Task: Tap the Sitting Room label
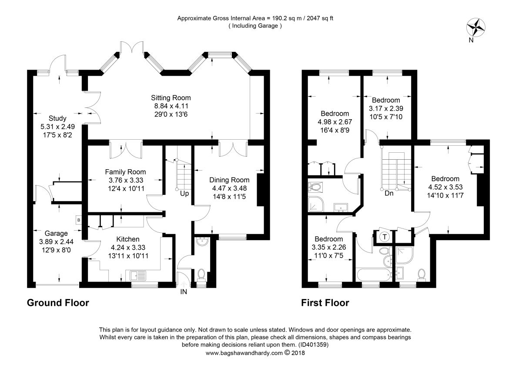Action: (171, 97)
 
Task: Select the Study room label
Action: (57, 118)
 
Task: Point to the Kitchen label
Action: (128, 239)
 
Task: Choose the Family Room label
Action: (125, 172)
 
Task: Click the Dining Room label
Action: (229, 180)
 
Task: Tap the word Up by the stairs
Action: (184, 194)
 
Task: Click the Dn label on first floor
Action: (389, 194)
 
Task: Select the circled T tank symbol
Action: (385, 237)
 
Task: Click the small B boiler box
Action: (79, 220)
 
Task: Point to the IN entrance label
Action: (184, 292)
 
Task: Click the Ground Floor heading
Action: (58, 303)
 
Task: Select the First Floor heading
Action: (325, 303)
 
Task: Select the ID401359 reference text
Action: (313, 344)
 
